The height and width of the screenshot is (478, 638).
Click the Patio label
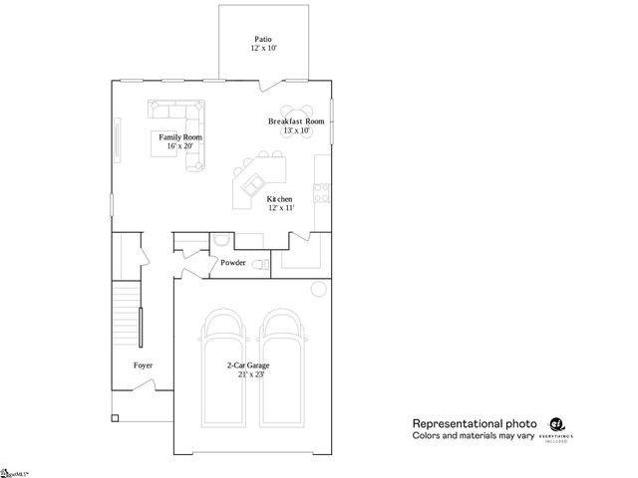(x=263, y=39)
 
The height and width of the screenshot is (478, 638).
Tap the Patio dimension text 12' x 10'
(x=263, y=48)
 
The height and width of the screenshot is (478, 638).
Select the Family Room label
(x=180, y=136)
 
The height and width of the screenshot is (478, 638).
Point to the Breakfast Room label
(x=297, y=121)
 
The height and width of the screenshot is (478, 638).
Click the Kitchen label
(x=279, y=199)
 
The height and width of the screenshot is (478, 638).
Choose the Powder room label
(x=233, y=263)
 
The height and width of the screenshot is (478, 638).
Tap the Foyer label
(x=144, y=365)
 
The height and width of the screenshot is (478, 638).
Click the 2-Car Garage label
(x=248, y=365)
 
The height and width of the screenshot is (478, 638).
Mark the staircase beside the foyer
(x=126, y=314)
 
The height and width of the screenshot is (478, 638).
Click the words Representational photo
(x=475, y=422)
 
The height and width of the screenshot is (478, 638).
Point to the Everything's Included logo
(x=557, y=426)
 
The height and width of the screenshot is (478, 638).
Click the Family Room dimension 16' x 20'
(x=180, y=145)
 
